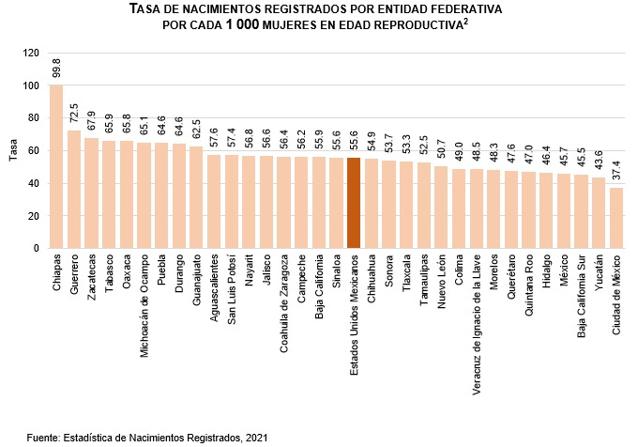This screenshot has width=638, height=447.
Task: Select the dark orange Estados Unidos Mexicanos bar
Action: [x=354, y=203]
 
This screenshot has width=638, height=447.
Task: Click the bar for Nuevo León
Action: [x=440, y=208]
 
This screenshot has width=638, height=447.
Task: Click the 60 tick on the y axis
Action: [x=34, y=151]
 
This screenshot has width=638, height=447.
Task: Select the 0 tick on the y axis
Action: [x=37, y=249]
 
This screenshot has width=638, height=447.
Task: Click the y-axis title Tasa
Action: [x=13, y=151]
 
